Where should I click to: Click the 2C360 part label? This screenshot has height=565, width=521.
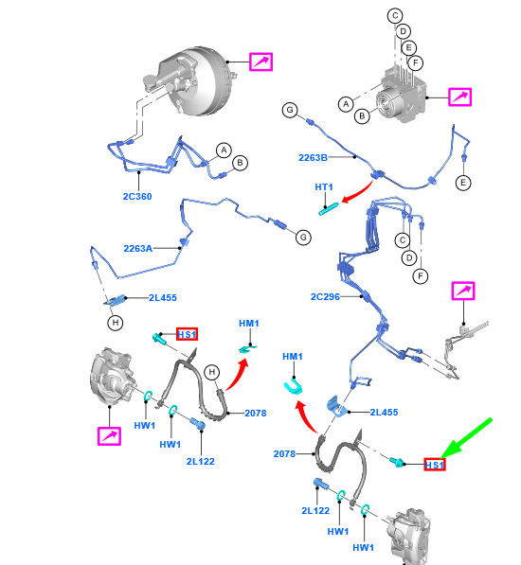click(x=137, y=197)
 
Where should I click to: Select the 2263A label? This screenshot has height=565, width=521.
click(x=137, y=248)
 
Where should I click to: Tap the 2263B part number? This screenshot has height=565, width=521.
click(x=313, y=157)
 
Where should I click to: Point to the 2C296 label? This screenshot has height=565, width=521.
click(x=325, y=296)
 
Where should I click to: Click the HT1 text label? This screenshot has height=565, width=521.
click(x=323, y=187)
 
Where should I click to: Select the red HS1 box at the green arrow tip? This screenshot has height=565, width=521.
click(x=435, y=465)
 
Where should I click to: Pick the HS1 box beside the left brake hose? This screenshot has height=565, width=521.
click(x=187, y=334)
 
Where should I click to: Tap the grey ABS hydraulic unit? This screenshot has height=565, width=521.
click(x=402, y=96)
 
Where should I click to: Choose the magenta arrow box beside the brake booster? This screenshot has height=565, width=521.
click(x=261, y=62)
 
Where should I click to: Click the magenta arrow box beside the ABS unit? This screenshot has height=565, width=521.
click(x=459, y=97)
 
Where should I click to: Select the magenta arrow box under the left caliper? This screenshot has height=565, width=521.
click(x=109, y=436)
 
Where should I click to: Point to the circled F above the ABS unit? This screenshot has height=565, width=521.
click(x=416, y=63)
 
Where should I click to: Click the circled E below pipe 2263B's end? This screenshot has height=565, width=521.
click(x=463, y=183)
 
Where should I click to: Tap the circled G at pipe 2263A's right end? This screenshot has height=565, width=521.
click(x=303, y=238)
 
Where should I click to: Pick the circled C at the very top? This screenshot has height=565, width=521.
click(x=395, y=15)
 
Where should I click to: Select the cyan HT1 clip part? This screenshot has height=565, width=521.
click(x=329, y=209)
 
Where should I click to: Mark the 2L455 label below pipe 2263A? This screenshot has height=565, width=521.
click(x=163, y=297)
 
